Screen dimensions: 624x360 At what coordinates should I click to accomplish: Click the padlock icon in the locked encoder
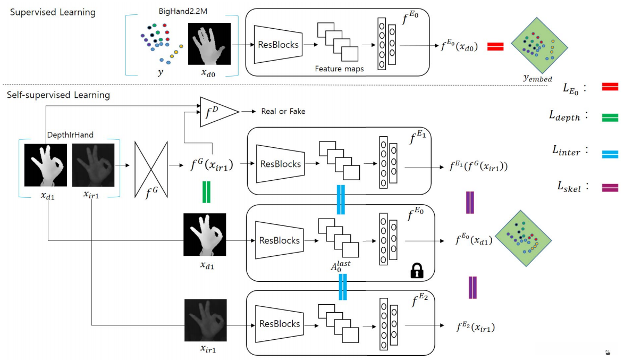click(417, 270)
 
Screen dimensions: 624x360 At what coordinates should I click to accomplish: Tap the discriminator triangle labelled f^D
click(218, 112)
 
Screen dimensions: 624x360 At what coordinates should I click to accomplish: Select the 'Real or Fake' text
click(283, 112)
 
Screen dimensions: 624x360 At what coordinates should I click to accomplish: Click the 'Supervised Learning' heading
click(53, 12)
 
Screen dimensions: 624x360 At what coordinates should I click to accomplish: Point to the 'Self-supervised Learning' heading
click(58, 95)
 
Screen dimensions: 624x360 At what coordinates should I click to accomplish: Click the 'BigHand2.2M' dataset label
click(183, 11)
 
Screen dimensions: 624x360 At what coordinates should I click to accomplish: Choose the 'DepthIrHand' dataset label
click(70, 135)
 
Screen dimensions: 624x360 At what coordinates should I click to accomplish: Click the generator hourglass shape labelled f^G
click(151, 170)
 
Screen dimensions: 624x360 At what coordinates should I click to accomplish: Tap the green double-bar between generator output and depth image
click(206, 192)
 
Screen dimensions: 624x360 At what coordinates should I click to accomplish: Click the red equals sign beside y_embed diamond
click(495, 47)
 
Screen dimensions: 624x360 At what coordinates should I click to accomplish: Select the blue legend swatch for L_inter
click(610, 154)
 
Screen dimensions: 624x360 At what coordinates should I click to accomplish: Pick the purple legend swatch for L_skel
click(610, 188)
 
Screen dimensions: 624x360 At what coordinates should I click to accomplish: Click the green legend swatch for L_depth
click(610, 118)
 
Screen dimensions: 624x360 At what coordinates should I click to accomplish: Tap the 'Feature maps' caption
click(339, 69)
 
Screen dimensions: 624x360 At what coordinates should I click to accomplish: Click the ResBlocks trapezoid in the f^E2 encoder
click(280, 324)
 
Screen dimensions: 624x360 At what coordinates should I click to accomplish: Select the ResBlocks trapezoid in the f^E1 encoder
click(280, 164)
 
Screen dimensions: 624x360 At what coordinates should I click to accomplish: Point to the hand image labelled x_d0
click(209, 44)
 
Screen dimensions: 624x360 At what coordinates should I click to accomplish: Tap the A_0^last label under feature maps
click(340, 266)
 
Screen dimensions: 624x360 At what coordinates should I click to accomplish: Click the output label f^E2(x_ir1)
click(476, 327)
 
